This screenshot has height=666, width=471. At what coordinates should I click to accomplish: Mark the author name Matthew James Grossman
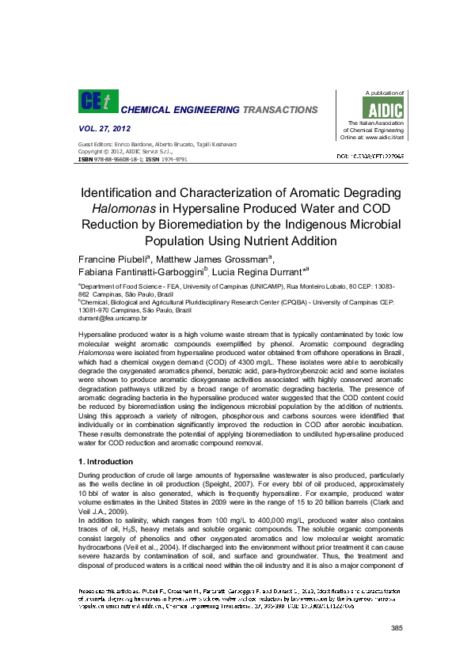click(211, 260)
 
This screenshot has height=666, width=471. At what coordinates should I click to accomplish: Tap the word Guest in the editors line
click(85, 144)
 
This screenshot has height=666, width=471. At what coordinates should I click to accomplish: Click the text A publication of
click(384, 93)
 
